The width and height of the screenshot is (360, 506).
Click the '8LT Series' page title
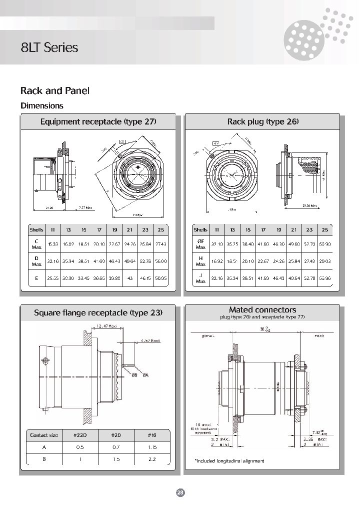click(x=49, y=47)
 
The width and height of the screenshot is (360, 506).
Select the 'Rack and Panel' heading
click(x=54, y=91)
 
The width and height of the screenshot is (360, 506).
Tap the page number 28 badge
click(x=180, y=492)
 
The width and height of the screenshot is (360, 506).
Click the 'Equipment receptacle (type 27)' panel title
click(x=98, y=122)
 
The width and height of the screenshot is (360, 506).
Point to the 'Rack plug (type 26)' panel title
click(x=262, y=122)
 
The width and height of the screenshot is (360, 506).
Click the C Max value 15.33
click(x=52, y=244)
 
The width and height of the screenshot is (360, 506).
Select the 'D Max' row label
click(x=36, y=261)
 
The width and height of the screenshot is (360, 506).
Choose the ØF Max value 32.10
click(x=217, y=244)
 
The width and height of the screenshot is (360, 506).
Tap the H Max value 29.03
click(x=324, y=261)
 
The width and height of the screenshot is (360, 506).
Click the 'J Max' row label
click(x=200, y=278)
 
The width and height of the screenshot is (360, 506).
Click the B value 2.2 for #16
click(x=152, y=459)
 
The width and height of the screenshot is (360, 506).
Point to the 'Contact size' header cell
click(x=44, y=434)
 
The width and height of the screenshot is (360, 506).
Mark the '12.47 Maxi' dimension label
click(x=105, y=326)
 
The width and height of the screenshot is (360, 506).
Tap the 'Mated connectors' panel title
click(x=262, y=310)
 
